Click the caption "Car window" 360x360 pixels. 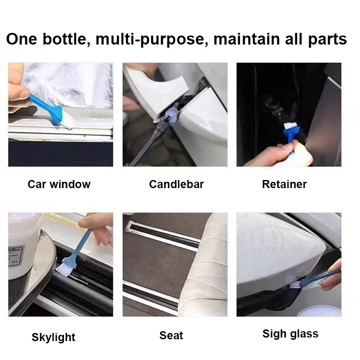59,184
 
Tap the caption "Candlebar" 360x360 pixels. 176,184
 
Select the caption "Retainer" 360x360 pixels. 284,184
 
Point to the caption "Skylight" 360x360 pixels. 54,337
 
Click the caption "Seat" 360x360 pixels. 171,335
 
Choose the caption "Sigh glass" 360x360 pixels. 290,334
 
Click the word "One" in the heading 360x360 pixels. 22,39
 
